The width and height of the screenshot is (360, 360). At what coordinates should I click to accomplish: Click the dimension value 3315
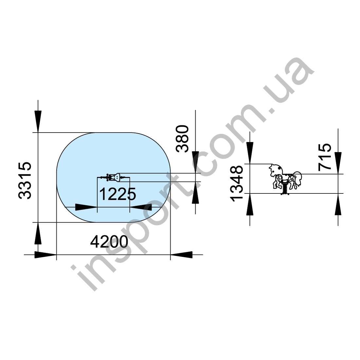25,180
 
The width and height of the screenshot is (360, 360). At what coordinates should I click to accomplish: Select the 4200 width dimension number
109,242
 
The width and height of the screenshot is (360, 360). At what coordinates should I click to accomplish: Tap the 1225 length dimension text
117,194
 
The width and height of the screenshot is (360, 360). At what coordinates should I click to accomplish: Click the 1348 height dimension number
237,184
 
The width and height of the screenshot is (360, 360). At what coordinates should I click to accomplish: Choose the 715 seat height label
325,157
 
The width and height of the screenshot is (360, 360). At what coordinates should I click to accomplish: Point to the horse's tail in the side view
298,178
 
